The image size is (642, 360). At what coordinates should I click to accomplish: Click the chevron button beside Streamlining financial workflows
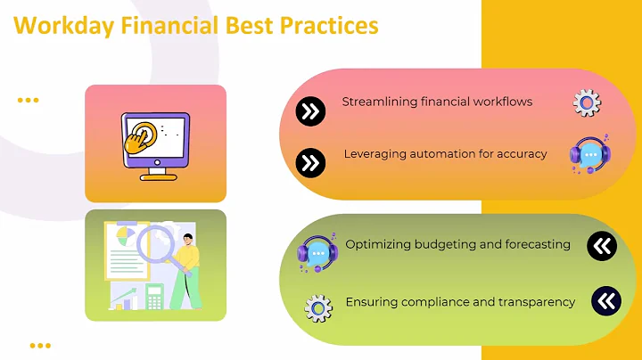point(309,111)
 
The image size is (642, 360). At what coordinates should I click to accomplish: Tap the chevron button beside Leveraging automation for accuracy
point(309,162)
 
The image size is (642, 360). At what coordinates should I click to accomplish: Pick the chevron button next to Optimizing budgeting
point(602,246)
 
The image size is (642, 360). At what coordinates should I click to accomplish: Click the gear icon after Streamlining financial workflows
point(586,103)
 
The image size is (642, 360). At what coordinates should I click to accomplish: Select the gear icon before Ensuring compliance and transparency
point(318,307)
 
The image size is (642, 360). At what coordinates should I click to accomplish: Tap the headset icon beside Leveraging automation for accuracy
point(588,154)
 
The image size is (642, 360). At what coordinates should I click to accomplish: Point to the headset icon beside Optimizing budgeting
point(316,252)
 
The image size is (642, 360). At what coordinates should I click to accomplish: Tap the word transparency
point(536,302)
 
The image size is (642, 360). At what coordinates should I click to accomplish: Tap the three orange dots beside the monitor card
point(29,101)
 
